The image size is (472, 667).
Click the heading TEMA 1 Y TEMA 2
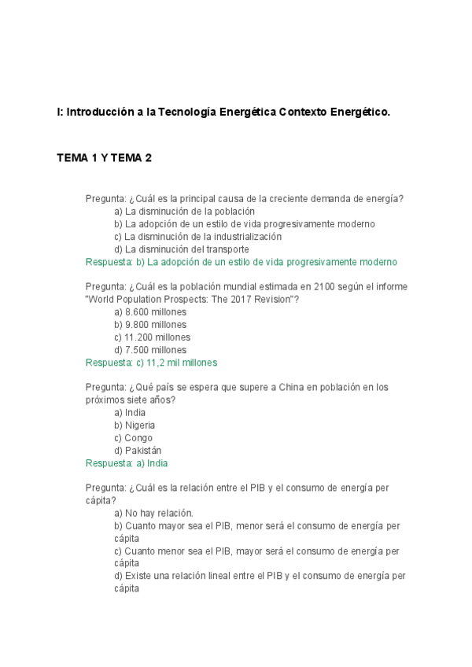[104, 158]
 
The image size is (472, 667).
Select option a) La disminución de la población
[184, 212]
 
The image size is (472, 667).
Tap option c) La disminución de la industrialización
[197, 237]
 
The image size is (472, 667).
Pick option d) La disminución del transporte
[181, 249]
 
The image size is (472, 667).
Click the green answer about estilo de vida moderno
[241, 262]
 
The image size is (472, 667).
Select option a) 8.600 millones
[150, 312]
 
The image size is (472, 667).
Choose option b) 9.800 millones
[150, 325]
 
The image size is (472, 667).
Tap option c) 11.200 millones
[152, 337]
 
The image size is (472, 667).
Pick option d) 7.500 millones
[150, 350]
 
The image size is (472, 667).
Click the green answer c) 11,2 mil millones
[151, 363]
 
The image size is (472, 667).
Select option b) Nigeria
[135, 426]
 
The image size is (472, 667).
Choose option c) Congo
[133, 438]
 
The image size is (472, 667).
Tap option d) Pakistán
[138, 451]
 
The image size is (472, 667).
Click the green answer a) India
[126, 463]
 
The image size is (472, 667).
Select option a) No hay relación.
[153, 513]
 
